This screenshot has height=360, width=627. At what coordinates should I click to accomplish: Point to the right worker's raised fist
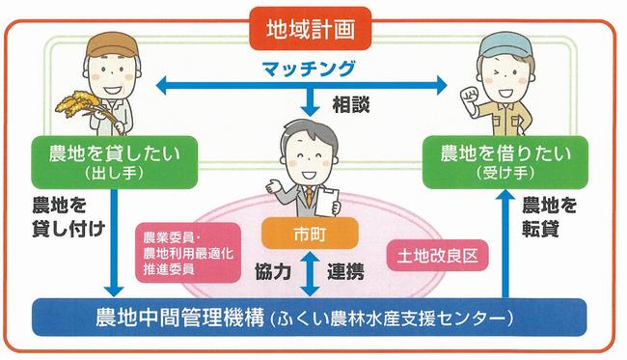pos(470,97)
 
